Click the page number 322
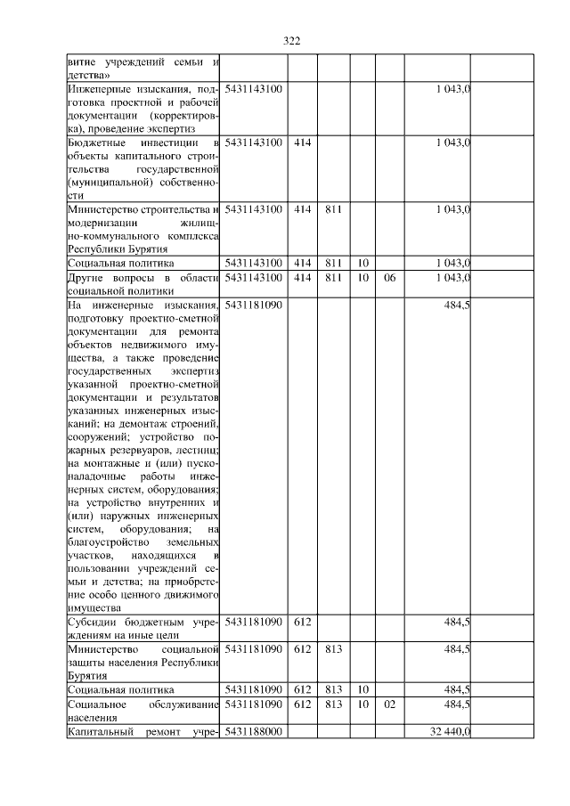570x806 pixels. point(291,41)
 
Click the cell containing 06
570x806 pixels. point(388,278)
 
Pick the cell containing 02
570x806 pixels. point(388,704)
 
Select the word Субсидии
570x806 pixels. point(93,622)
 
